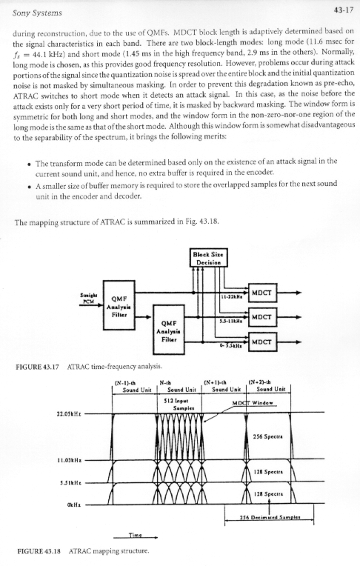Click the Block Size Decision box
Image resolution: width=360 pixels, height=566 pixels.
tap(209, 258)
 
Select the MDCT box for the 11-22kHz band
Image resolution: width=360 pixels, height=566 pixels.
tap(262, 293)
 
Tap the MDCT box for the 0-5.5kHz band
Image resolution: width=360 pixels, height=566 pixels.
tap(262, 342)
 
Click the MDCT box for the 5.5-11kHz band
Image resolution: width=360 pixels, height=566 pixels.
tap(262, 317)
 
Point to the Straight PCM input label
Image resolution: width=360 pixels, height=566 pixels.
tap(87, 298)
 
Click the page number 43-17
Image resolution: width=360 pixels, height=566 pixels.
tap(344, 10)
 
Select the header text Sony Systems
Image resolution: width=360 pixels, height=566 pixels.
tap(37, 13)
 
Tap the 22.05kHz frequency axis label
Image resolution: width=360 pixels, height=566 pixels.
tap(69, 413)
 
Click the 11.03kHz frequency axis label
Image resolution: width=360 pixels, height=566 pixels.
tap(69, 460)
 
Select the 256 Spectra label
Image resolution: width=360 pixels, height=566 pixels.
tap(268, 436)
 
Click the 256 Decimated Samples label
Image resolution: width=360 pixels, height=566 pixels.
tap(270, 517)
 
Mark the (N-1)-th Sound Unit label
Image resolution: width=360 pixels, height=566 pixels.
tap(133, 385)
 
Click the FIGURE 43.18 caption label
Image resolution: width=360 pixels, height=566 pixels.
tap(39, 551)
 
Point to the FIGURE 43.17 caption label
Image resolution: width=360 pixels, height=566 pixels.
tap(37, 367)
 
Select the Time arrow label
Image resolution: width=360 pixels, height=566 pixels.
tap(136, 535)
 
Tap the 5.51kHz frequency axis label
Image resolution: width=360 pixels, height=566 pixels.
tap(71, 483)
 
